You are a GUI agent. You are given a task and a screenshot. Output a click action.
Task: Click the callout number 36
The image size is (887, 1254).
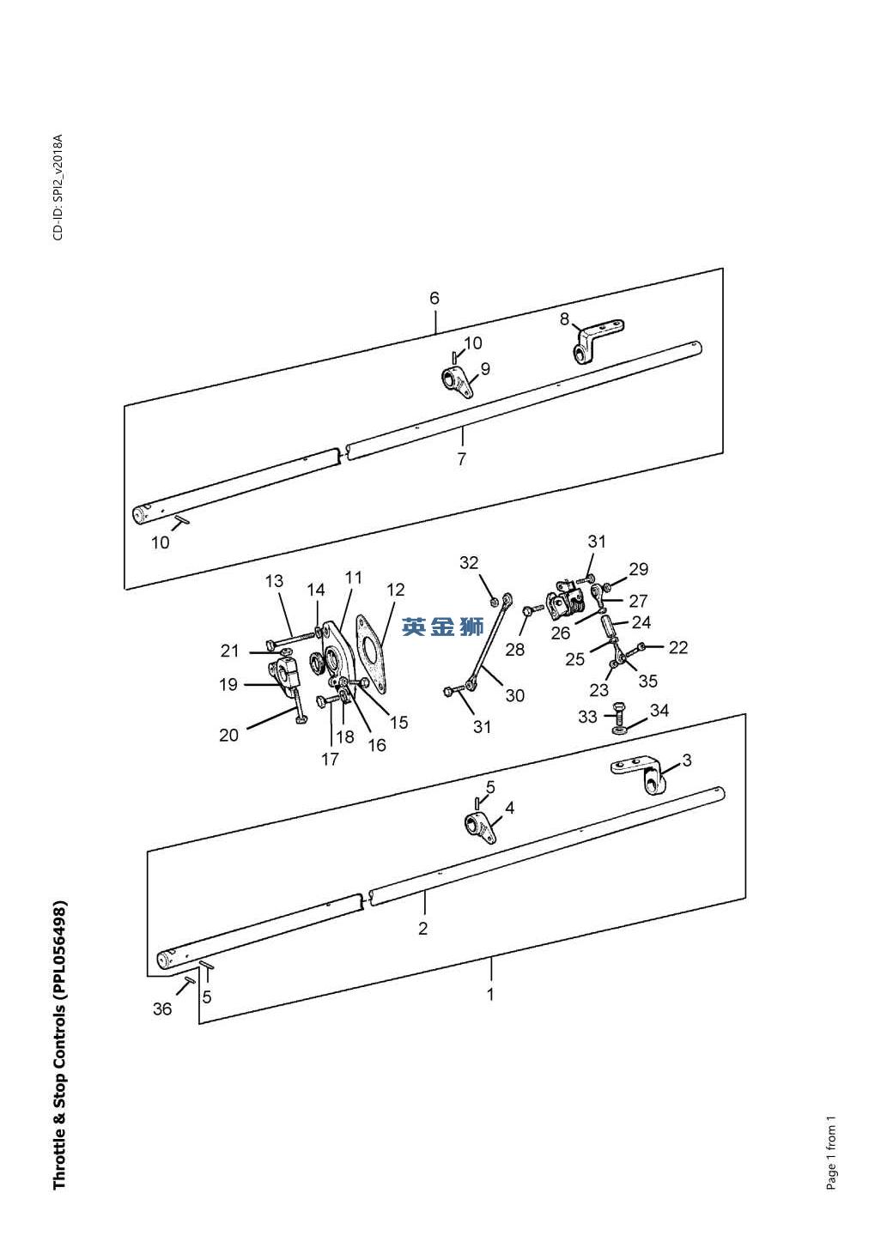(162, 1009)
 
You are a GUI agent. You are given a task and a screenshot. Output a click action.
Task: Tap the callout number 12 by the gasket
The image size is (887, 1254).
(395, 590)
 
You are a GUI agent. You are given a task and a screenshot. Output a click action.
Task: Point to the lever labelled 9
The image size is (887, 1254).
(455, 381)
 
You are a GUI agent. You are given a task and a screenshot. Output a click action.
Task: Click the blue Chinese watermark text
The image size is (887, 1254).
(443, 627)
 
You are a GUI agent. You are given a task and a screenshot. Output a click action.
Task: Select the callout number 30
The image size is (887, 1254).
(514, 695)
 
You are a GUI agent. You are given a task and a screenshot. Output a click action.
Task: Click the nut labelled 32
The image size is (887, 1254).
(495, 603)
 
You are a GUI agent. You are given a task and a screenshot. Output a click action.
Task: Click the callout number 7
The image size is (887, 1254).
(461, 459)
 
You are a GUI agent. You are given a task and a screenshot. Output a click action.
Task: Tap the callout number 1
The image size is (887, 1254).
(490, 994)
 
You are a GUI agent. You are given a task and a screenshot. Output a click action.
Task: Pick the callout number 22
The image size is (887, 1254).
(678, 648)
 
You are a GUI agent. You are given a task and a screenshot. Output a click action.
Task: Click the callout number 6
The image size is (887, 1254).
(434, 299)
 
